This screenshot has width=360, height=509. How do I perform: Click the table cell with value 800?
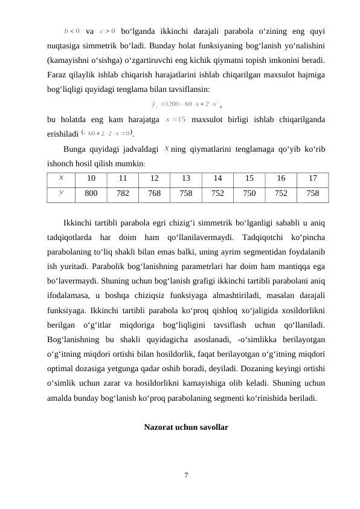[x=92, y=193]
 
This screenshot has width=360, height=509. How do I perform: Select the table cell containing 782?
[x=124, y=193]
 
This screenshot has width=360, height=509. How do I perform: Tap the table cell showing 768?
[x=155, y=193]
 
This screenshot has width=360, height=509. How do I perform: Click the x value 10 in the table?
[x=92, y=178]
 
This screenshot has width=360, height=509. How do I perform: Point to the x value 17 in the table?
[x=313, y=178]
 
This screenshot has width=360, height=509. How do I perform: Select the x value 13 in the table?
[x=187, y=178]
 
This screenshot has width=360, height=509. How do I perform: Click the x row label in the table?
[x=62, y=178]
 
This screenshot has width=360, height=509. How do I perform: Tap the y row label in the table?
[x=62, y=193]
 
